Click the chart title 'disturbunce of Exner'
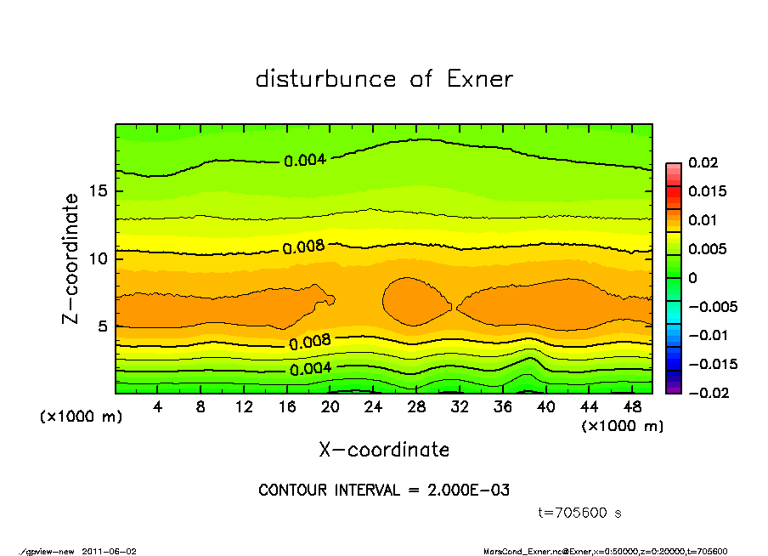click(x=384, y=79)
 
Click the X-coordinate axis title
click(x=384, y=450)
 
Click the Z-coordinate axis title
click(x=71, y=258)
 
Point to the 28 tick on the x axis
click(x=416, y=407)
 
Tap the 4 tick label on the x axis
click(x=158, y=407)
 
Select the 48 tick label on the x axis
click(x=631, y=407)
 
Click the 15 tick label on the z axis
click(x=98, y=190)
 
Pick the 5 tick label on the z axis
click(x=103, y=326)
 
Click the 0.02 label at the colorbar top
click(x=704, y=162)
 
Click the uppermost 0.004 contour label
click(x=305, y=160)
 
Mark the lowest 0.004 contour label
click(x=311, y=369)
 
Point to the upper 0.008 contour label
click(x=304, y=247)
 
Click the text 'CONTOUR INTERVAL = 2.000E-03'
click(x=384, y=491)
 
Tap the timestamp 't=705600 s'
click(x=580, y=513)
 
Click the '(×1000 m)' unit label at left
click(x=77, y=417)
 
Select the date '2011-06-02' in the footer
click(x=109, y=551)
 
